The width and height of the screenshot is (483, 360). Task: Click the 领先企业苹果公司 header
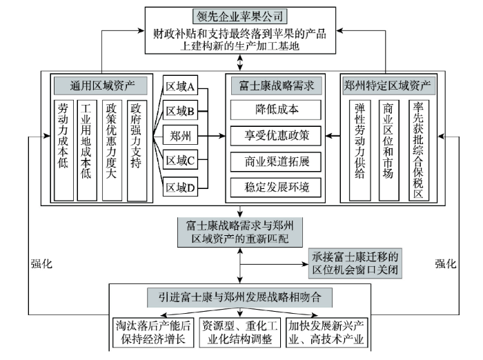240,17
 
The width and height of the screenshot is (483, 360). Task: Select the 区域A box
180,86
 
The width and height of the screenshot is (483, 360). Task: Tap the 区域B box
180,110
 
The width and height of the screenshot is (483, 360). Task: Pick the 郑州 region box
180,135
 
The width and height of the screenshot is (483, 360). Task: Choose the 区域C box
180,160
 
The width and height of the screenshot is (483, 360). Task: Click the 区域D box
180,187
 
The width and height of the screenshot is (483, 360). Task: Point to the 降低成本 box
276,110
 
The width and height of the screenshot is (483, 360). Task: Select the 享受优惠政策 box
276,135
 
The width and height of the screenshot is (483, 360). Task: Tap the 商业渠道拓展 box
276,161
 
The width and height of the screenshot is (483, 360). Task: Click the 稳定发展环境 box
276,188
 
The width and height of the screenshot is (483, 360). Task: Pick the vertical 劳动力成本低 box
63,150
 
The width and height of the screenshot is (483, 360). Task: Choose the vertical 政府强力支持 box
137,150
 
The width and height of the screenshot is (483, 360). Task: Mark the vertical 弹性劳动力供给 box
359,150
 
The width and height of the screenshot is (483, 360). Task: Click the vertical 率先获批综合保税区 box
419,150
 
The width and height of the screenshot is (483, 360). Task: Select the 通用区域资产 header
101,86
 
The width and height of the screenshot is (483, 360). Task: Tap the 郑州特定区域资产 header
388,86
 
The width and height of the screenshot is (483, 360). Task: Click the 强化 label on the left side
41,263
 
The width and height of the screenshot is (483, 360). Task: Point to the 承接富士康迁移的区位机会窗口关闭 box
355,263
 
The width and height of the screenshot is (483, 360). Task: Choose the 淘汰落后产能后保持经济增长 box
153,332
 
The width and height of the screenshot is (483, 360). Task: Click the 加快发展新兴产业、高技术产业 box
327,332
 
